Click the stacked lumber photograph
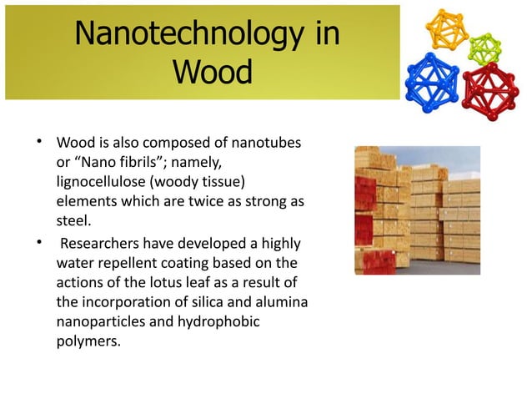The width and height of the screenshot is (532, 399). (x=417, y=210)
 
